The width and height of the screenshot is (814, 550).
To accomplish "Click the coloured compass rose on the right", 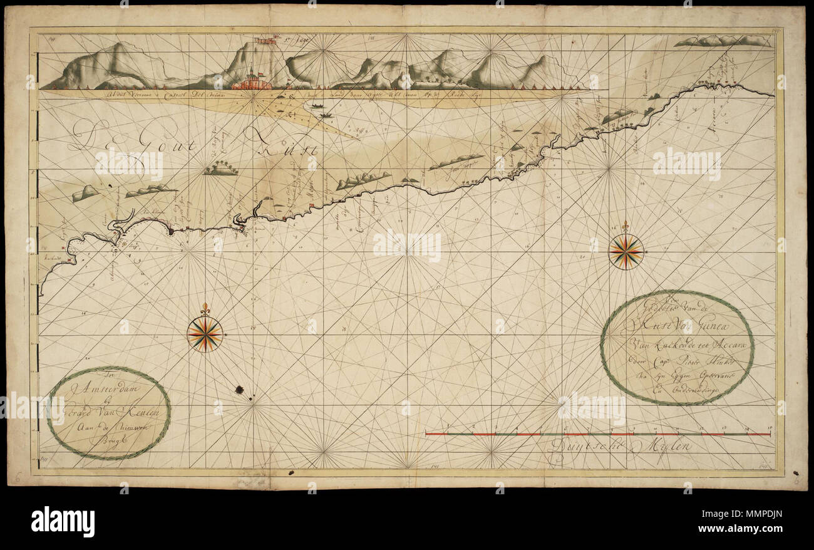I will (x=626, y=251).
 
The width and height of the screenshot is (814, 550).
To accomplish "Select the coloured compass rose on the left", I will (x=205, y=334).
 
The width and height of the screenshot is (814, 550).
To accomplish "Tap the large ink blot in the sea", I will (x=239, y=390).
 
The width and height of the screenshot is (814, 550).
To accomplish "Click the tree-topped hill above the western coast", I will (x=220, y=169).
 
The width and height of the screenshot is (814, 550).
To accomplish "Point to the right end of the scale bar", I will (x=770, y=433).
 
